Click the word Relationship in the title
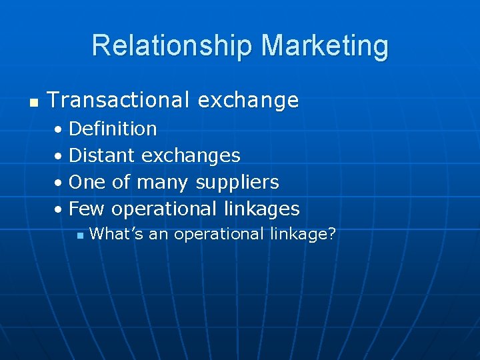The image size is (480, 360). (173, 45)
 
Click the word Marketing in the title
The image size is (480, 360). (325, 45)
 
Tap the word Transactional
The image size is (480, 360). (118, 101)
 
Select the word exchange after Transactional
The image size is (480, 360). (248, 101)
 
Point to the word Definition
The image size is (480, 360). (113, 128)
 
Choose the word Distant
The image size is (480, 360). (102, 155)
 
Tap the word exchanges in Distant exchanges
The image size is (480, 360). (191, 155)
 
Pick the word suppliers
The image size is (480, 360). (237, 183)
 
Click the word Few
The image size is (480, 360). (87, 209)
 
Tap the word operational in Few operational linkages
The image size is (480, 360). (163, 209)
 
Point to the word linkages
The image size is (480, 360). (261, 209)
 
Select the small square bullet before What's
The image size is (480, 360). (79, 235)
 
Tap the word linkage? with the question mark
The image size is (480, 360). (303, 234)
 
